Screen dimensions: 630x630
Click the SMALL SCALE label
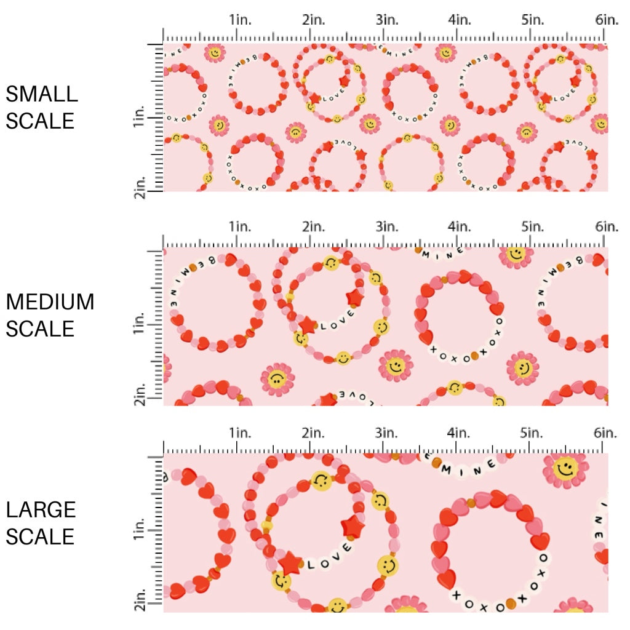point(42,107)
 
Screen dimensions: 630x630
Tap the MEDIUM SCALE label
point(50,315)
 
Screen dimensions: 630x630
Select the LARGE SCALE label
point(41,523)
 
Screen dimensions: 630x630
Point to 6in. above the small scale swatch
point(607,20)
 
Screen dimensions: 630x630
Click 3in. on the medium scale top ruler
point(386,227)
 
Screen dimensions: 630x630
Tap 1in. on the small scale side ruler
point(138,116)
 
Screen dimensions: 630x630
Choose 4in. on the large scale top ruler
point(459,433)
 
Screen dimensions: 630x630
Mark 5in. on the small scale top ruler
point(532,20)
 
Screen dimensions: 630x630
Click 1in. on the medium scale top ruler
point(241,227)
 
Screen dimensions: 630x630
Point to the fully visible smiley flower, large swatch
point(565,470)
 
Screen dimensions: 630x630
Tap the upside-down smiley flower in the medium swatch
point(277,380)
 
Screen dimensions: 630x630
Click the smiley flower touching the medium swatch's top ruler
point(516,254)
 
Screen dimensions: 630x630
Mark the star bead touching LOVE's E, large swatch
point(353,527)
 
